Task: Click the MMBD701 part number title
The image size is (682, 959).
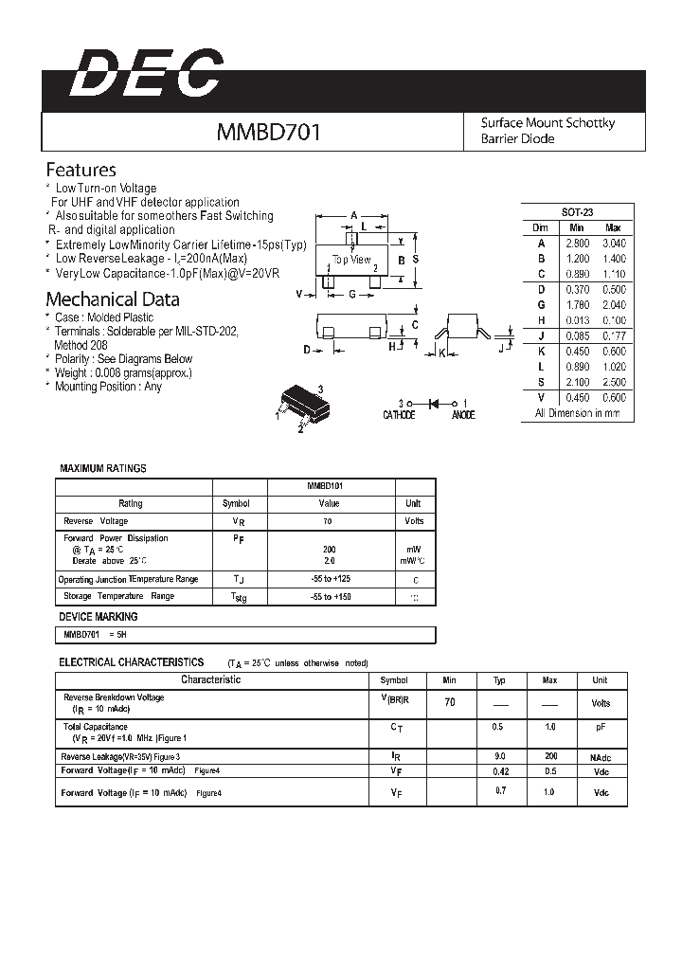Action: tap(269, 132)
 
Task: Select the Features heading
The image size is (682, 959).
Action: tap(81, 171)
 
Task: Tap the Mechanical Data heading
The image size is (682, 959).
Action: tap(113, 299)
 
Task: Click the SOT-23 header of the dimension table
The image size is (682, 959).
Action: tap(577, 213)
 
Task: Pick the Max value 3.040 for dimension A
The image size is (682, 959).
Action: tap(614, 244)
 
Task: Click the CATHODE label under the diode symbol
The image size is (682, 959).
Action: tap(398, 415)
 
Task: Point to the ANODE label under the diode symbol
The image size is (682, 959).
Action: tap(462, 415)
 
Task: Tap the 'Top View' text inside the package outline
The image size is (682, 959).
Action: tap(351, 259)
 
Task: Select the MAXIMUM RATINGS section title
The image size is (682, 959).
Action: tap(103, 469)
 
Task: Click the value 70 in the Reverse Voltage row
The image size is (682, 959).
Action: tap(329, 521)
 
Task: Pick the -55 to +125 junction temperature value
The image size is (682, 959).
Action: tap(329, 579)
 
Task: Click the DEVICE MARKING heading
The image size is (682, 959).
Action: tap(99, 617)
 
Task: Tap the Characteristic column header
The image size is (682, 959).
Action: tap(210, 680)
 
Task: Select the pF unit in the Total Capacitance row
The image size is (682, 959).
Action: tap(601, 727)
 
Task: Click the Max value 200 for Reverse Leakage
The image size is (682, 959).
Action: tap(549, 757)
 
